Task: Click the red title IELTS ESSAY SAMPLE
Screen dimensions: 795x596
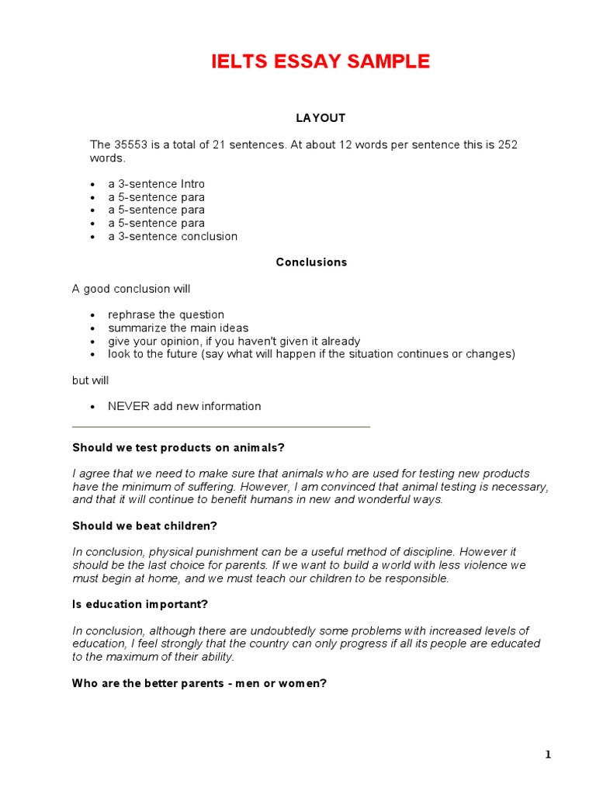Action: [321, 62]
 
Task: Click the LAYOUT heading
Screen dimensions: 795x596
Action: [321, 118]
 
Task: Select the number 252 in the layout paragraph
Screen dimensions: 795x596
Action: [508, 144]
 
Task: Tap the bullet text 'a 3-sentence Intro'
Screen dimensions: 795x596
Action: [156, 184]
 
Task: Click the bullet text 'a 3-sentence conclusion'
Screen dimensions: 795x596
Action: [172, 236]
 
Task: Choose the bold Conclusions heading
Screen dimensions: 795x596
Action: [311, 262]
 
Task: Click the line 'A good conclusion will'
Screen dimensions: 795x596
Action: [131, 289]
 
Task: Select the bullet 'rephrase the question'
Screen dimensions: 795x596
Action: [166, 314]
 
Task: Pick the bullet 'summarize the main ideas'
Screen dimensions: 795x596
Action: [178, 328]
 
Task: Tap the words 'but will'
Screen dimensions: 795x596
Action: [91, 380]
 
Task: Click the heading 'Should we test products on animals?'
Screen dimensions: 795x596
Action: [178, 447]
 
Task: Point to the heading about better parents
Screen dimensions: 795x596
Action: [199, 683]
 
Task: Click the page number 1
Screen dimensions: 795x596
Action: [548, 755]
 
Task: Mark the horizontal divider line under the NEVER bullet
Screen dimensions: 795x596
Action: [221, 427]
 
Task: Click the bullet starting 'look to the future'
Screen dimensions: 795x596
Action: [311, 354]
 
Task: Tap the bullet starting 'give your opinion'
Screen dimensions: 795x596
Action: [234, 341]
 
